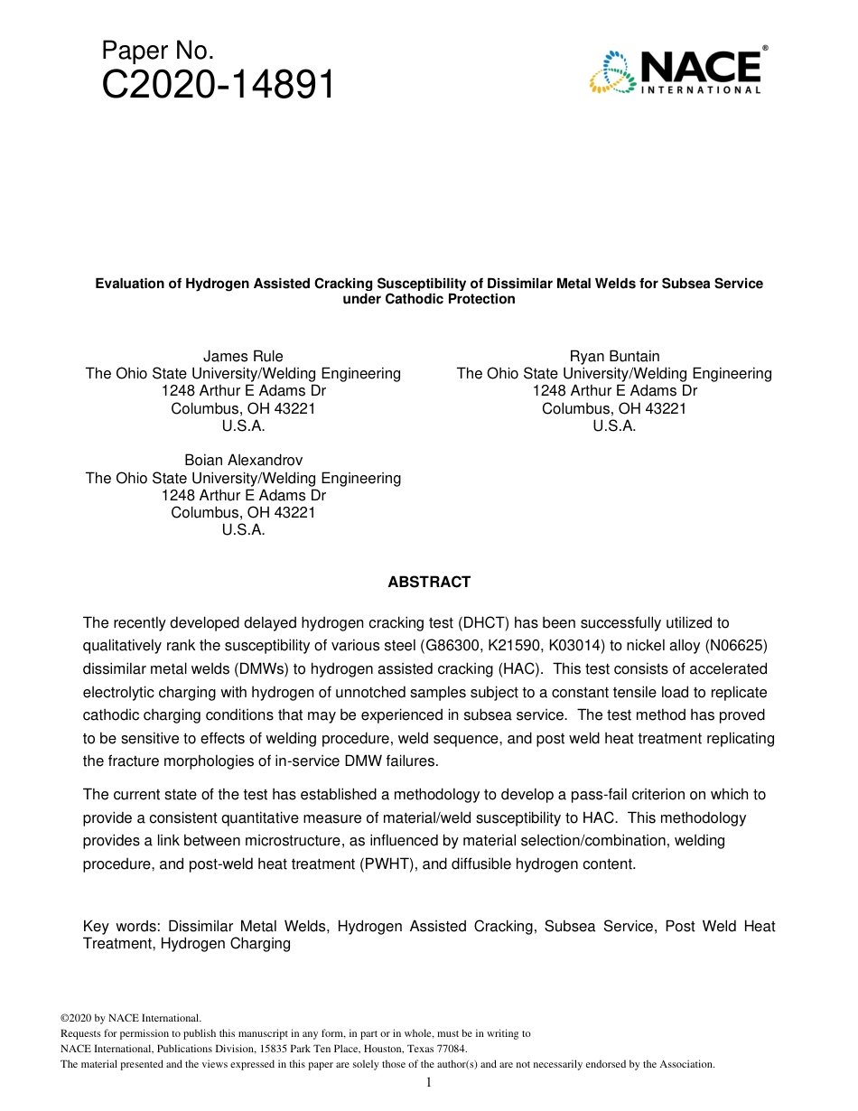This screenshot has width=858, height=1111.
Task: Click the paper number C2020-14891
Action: coord(219,86)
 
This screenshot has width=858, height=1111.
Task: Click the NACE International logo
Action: coord(678,71)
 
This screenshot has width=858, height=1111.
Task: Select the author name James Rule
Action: coord(243,357)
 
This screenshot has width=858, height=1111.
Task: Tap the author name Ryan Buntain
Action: coord(614,357)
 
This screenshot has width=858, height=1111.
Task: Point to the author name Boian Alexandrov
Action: coord(243,461)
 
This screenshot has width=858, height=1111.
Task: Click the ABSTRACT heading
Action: coord(429,583)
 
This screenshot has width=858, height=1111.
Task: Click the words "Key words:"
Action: coord(121,927)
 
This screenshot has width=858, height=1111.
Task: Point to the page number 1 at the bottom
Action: coord(429,1083)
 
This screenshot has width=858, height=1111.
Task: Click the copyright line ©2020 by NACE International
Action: coord(131,1017)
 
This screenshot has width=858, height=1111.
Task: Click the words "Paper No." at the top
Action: coord(158,51)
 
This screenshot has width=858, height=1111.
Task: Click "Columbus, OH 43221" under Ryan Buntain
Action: coord(614,408)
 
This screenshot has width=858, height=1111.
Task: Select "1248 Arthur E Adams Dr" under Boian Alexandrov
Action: coord(243,495)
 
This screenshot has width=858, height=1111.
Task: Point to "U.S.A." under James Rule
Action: coord(243,425)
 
